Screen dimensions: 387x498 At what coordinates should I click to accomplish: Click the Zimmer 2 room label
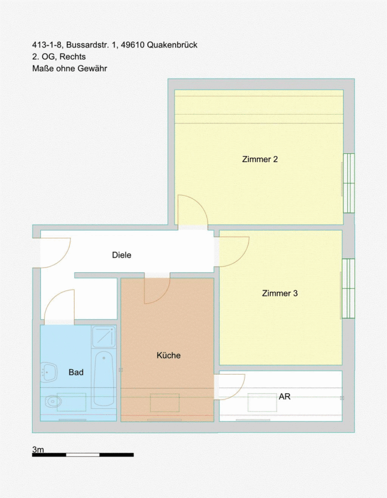(260, 159)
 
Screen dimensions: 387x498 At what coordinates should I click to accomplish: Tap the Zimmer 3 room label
(280, 293)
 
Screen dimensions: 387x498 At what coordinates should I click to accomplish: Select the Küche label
(168, 355)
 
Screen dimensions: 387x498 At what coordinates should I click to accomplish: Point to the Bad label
(76, 372)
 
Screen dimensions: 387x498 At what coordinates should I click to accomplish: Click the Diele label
(122, 255)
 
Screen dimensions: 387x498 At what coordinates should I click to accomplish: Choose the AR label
(285, 397)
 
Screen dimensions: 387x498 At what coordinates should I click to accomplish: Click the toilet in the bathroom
(51, 402)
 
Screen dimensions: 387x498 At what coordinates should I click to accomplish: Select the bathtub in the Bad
(104, 378)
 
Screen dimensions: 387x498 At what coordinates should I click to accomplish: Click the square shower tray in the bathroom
(104, 336)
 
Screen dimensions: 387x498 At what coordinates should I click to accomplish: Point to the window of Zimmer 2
(349, 183)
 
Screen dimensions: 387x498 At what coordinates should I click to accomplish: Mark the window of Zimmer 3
(348, 288)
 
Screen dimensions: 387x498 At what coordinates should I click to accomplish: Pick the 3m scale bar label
(38, 449)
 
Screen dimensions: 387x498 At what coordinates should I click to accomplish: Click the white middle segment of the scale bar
(82, 455)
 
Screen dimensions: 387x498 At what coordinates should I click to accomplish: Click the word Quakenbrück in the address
(172, 45)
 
